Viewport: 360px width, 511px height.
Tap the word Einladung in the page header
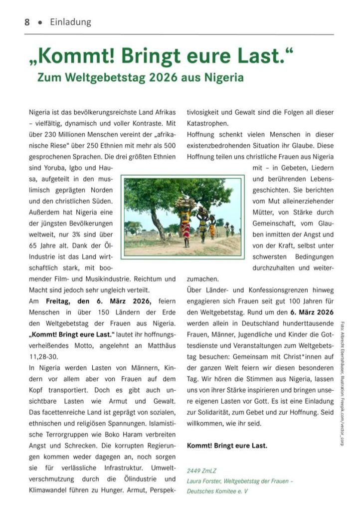point(71,22)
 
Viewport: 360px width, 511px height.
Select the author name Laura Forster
point(204,482)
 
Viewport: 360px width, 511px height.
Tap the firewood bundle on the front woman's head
point(184,203)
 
